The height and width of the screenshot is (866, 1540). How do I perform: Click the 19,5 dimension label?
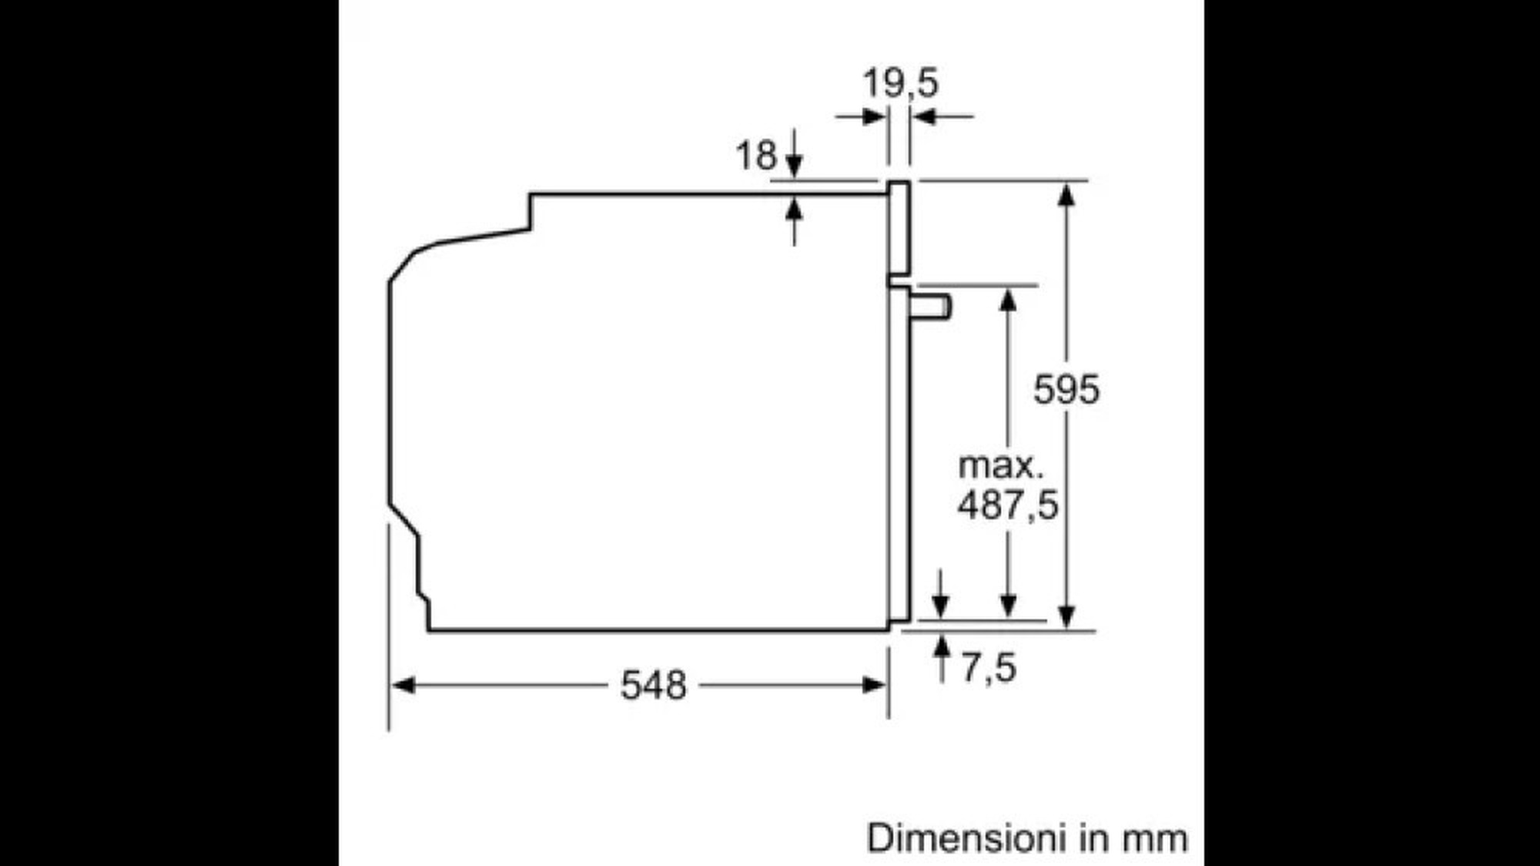[x=900, y=83]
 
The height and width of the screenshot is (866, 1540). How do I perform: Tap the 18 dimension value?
[x=756, y=156]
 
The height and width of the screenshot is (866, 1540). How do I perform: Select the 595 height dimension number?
[x=1066, y=389]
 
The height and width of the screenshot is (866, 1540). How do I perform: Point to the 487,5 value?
[x=1008, y=505]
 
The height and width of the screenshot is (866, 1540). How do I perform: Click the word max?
[x=1000, y=466]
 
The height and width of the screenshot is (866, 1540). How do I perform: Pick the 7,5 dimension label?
[x=989, y=667]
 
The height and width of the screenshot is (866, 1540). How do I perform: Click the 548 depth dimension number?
[x=653, y=685]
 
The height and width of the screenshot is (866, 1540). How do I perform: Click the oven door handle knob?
[x=932, y=306]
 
